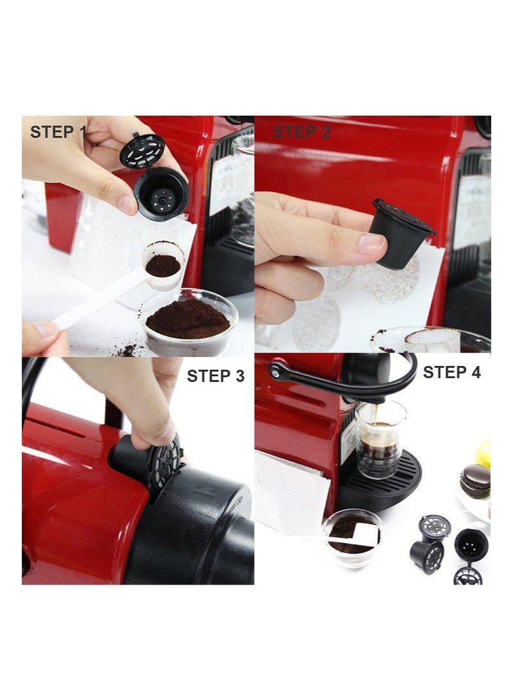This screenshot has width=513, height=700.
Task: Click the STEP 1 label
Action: pos(57,132)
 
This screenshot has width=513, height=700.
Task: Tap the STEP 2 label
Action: pos(302,132)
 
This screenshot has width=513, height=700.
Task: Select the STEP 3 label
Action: pos(215,376)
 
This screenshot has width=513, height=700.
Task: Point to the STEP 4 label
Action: pos(452,372)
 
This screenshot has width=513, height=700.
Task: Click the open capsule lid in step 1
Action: pos(142,151)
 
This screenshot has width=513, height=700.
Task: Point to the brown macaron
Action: pos(475,481)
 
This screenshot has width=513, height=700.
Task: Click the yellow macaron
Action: pos(484,453)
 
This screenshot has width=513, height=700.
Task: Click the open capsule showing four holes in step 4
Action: pos(471,545)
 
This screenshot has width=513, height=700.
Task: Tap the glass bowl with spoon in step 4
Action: pos(353,538)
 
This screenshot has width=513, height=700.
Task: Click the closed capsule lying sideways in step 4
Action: pos(428,556)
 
